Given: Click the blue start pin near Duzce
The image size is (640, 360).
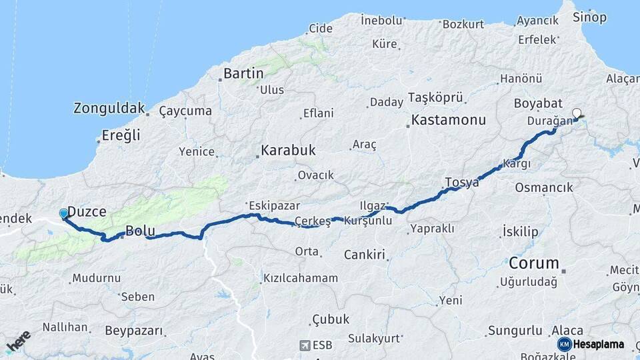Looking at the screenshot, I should [64, 213].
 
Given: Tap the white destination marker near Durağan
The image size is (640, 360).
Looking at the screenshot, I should [577, 113].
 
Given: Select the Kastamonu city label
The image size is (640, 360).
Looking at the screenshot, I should [449, 121].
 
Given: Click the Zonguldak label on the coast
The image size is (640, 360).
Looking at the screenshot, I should [109, 107].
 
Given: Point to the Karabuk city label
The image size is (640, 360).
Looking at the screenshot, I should [288, 150].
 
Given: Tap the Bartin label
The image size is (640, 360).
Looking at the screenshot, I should [243, 73].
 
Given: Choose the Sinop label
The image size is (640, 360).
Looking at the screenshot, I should [590, 17].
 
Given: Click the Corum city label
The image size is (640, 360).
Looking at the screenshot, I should [534, 261].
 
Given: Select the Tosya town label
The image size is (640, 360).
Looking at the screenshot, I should [461, 183].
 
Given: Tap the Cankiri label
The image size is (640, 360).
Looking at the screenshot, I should [365, 255].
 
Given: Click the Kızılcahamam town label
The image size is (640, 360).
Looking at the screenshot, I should [300, 277].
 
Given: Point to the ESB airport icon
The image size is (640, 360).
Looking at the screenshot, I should [305, 345].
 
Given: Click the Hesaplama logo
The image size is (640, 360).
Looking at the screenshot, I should [591, 344].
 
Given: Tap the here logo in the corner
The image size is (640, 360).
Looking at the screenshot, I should [18, 341].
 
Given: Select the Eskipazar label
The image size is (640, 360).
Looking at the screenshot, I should [274, 205].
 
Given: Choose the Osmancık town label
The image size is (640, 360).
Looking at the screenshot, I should [544, 188].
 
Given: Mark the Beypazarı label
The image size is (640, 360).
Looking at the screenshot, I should [134, 330].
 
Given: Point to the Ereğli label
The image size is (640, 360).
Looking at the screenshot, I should [121, 135].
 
